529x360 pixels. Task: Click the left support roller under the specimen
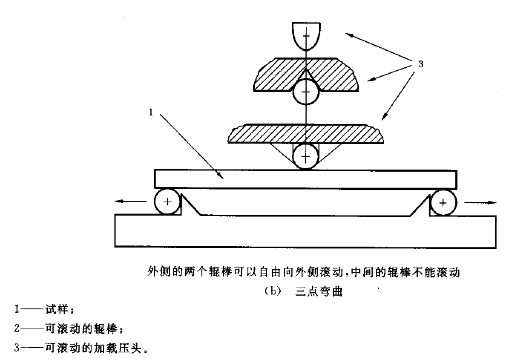[167, 202]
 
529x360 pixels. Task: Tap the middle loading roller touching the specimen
[305, 156]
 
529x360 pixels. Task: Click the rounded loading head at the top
[305, 37]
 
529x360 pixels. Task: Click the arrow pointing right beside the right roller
[481, 202]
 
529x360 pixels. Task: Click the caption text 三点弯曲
[318, 292]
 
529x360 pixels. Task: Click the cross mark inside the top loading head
[305, 38]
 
